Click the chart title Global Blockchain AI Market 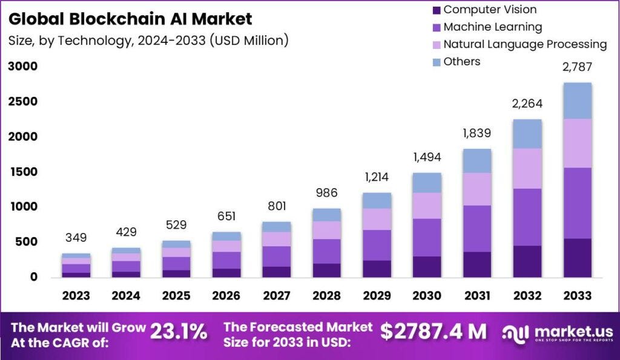(x=130, y=19)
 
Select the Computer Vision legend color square (x=435, y=10)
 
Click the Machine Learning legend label (x=492, y=27)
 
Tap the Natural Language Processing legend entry (x=524, y=44)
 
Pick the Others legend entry (x=461, y=61)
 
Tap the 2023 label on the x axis (x=76, y=296)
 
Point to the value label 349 (x=76, y=238)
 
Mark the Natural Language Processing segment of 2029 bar (x=377, y=219)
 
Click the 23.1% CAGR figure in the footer (x=179, y=332)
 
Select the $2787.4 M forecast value (x=434, y=332)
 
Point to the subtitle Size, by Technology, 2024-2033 (x=148, y=41)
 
